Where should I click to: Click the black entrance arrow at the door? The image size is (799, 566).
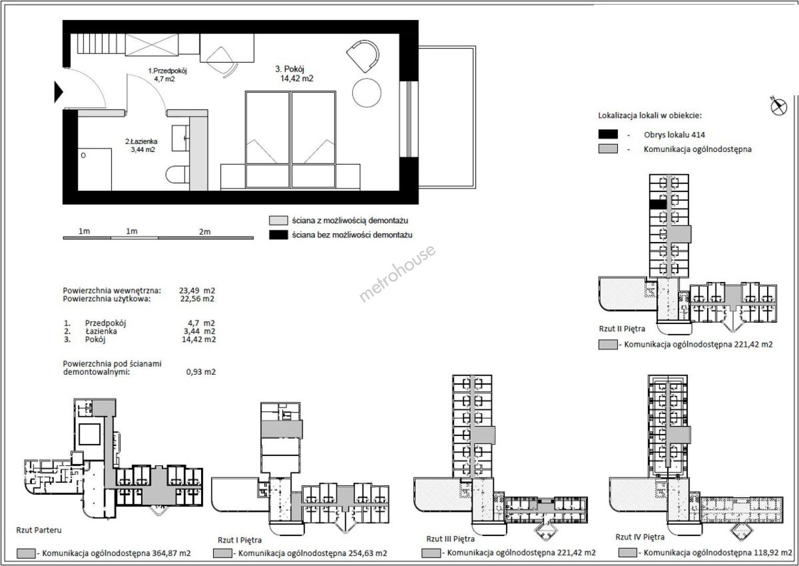[x=59, y=92]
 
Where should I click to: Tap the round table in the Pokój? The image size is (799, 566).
[x=367, y=93]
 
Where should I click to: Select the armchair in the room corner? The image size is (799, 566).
[x=363, y=56]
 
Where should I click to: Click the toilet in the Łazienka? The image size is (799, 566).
[x=177, y=175]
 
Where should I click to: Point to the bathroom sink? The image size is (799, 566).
[x=181, y=138]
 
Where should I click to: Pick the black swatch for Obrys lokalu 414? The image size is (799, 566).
[x=608, y=134]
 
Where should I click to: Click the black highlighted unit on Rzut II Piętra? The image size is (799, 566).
[x=658, y=204]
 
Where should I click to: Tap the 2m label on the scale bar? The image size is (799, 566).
[x=205, y=232]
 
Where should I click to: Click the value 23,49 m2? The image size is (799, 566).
[x=197, y=290]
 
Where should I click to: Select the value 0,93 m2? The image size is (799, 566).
[x=201, y=372]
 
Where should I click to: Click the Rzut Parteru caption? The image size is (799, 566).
[x=39, y=530]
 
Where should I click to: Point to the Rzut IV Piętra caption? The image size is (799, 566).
[x=640, y=537]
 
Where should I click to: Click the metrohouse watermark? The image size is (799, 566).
[x=397, y=273]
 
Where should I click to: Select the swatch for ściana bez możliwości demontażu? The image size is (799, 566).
[x=278, y=235]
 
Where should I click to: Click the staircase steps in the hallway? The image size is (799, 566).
[x=101, y=44]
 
